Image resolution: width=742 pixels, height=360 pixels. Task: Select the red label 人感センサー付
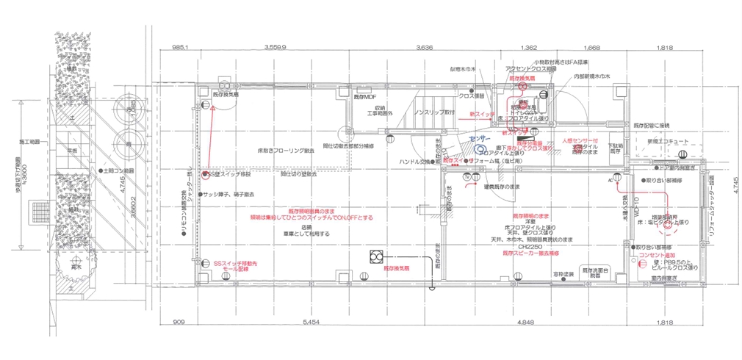click(580, 140)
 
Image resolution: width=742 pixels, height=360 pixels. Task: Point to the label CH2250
click(526, 247)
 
